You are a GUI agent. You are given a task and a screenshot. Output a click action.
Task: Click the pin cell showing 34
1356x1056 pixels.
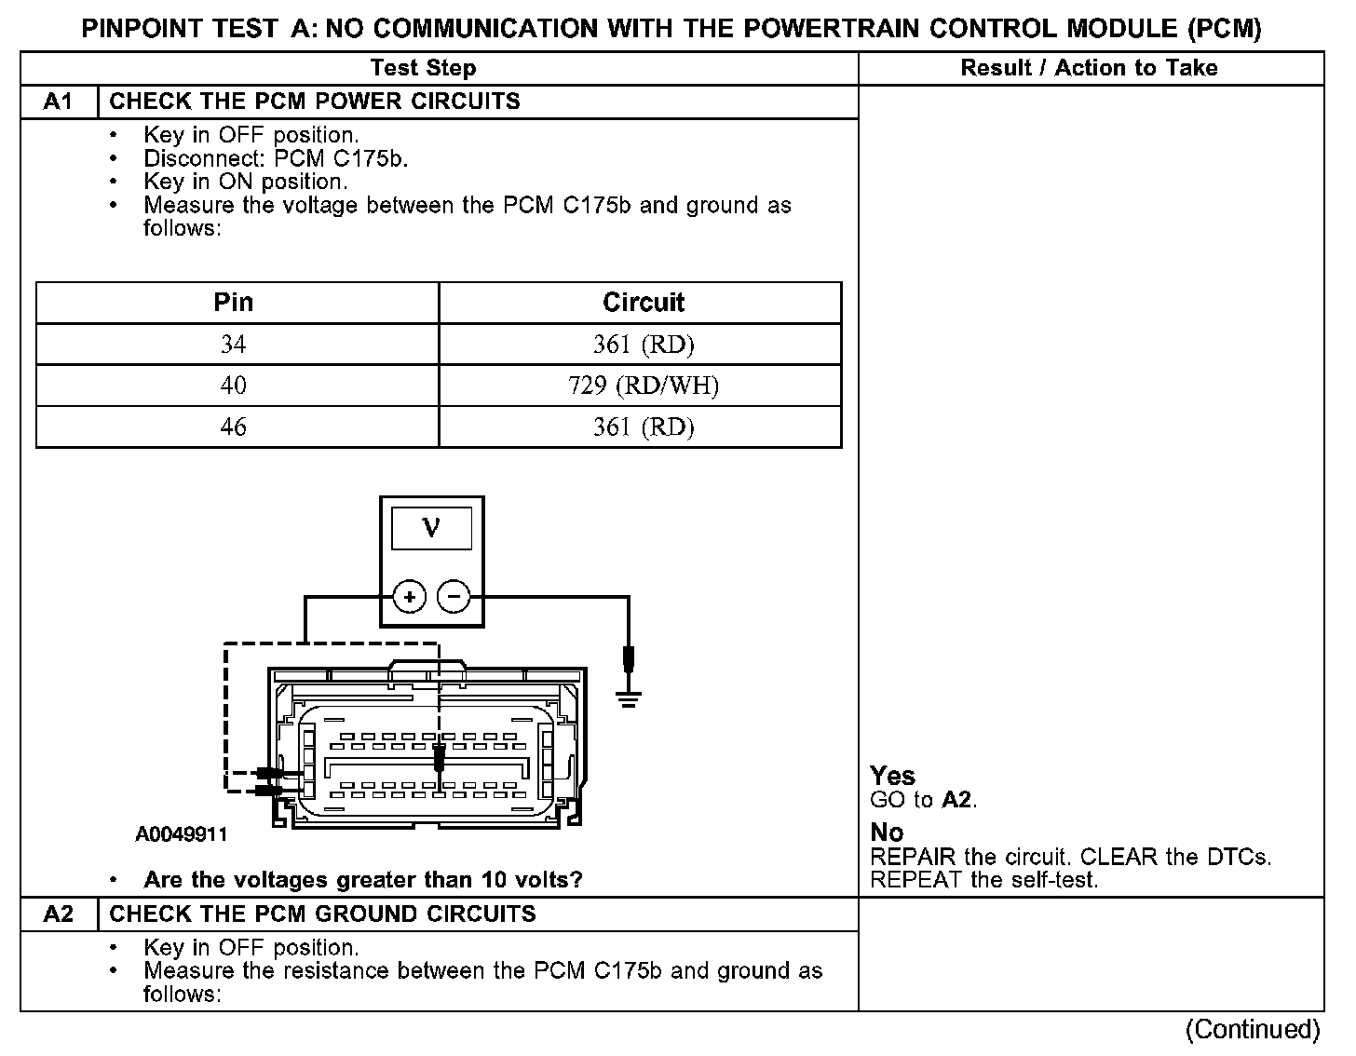(233, 345)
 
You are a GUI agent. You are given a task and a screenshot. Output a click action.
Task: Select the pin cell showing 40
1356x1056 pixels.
(233, 386)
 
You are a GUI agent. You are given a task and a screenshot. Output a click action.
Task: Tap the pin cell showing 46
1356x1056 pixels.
(233, 426)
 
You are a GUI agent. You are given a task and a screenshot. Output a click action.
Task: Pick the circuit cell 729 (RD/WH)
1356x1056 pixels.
(644, 386)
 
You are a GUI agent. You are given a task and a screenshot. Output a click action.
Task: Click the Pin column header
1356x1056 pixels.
(233, 303)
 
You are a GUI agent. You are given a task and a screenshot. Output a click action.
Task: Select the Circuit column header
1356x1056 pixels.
(644, 303)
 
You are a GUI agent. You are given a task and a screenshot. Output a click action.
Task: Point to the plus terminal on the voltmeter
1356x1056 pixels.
(410, 596)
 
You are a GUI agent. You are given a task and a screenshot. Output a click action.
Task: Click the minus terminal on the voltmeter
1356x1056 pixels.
(454, 596)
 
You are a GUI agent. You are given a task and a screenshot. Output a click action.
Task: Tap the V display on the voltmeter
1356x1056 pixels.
(431, 529)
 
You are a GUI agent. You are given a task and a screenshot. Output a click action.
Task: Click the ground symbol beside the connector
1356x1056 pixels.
(630, 698)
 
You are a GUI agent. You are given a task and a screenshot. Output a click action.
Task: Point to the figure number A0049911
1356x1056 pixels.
(181, 834)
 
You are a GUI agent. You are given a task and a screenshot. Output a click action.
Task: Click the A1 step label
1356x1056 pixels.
(58, 102)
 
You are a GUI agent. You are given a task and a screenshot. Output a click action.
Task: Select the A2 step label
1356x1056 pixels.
(58, 914)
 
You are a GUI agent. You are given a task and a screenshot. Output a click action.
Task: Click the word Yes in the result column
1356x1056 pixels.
(892, 776)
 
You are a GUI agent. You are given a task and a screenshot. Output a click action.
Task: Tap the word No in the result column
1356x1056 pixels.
(887, 833)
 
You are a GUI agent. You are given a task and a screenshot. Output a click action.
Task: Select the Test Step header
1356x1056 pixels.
(423, 68)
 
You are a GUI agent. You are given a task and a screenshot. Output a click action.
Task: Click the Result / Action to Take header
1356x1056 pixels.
(1089, 68)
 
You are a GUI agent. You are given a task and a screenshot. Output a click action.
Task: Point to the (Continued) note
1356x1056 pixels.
(1253, 1030)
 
